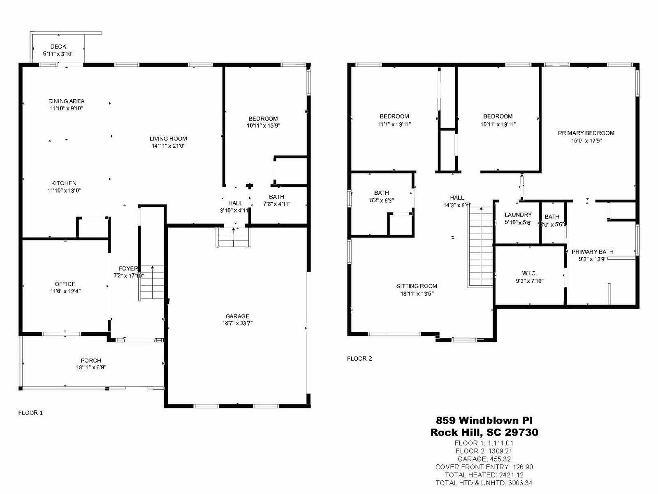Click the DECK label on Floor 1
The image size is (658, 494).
58,47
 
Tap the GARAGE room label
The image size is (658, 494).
237,316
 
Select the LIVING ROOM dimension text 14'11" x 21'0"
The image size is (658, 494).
169,146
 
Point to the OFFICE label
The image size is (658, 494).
65,284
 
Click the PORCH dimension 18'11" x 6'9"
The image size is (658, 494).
91,368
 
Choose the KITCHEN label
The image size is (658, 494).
64,183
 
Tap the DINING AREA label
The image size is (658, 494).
67,101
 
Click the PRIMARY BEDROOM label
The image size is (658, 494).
586,133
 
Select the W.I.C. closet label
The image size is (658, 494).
529,273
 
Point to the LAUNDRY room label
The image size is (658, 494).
518,214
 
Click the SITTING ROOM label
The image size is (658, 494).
417,286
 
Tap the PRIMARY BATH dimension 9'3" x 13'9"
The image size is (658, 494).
592,259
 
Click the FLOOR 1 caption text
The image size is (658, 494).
30,413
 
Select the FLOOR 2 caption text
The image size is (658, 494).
359,359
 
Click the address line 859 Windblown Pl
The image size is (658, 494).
484,420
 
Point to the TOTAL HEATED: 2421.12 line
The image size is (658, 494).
484,475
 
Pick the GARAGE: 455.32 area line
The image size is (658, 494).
484,459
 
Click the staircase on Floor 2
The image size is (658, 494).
480,247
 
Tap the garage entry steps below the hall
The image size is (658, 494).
234,237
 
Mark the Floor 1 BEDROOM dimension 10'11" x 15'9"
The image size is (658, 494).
263,126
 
